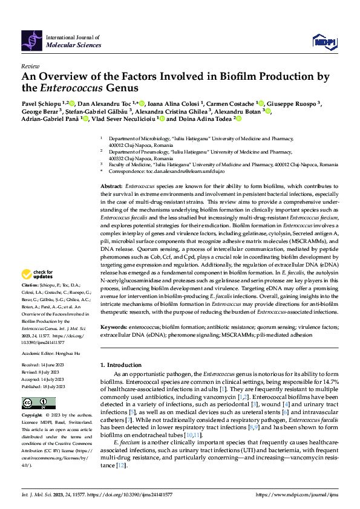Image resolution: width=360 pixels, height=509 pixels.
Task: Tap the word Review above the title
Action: pyautogui.click(x=30, y=66)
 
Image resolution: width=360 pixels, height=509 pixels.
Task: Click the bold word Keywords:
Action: pyautogui.click(x=114, y=327)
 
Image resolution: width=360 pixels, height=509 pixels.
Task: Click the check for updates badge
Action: pyautogui.click(x=36, y=274)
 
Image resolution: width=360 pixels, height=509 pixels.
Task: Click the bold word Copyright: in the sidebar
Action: pyautogui.click(x=33, y=416)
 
